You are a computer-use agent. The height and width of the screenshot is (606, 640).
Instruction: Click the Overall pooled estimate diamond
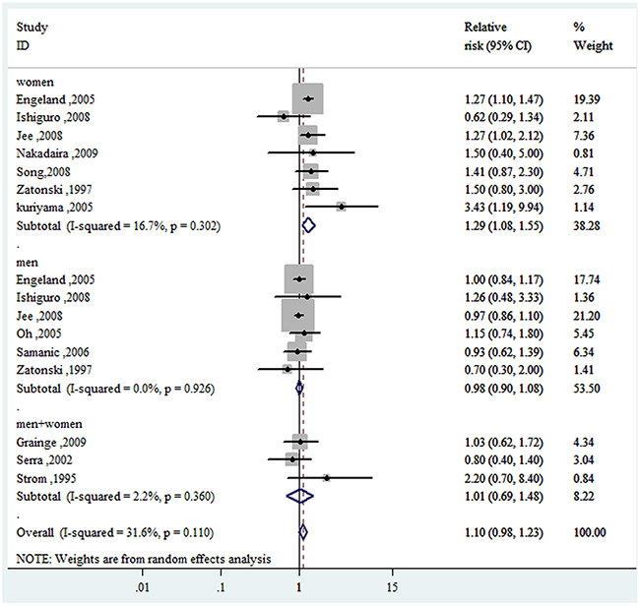(x=302, y=531)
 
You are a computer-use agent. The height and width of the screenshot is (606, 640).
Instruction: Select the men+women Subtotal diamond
(x=299, y=495)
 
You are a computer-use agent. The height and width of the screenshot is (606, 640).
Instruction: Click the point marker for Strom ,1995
(x=327, y=477)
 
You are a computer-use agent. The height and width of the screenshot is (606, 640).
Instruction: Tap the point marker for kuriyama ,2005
(x=341, y=207)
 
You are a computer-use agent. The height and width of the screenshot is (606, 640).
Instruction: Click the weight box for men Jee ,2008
(x=297, y=315)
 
